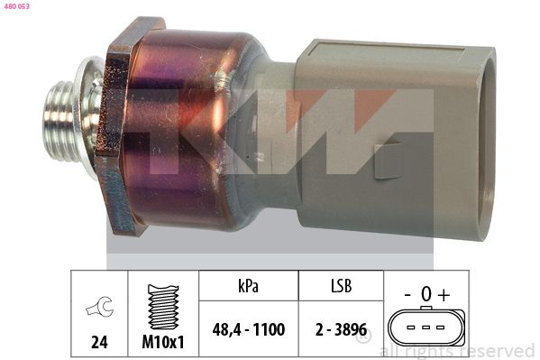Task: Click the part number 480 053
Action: click(17, 6)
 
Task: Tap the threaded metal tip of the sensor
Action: click(59, 121)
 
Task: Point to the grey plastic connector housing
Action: click(392, 138)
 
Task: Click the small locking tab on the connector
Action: click(389, 161)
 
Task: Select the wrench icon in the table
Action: click(99, 306)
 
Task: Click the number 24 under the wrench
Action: click(99, 342)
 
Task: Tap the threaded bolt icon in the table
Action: click(163, 307)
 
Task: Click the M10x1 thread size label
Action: click(163, 342)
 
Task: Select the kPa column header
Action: click(248, 286)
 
